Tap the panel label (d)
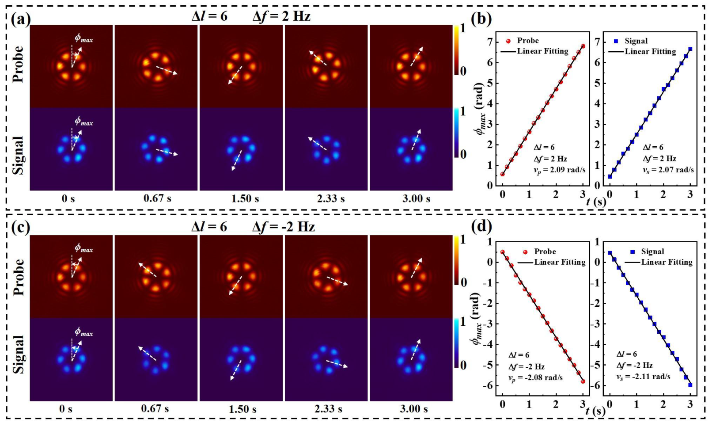coord(481,226)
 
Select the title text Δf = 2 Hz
coord(281,16)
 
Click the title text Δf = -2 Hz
coord(284,227)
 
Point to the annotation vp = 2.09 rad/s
coord(559,170)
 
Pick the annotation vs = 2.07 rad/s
coord(668,170)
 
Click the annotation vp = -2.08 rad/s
coord(535,377)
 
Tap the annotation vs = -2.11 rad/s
coord(643,377)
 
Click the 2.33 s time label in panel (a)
coord(330,198)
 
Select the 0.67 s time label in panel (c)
coord(155,408)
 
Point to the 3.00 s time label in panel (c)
coord(413,408)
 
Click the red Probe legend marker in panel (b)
coord(508,41)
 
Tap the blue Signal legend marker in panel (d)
coord(633,252)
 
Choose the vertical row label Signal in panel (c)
coord(18,354)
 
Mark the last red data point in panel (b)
coord(583,46)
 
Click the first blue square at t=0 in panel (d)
coord(610,253)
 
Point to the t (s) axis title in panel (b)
coord(596,202)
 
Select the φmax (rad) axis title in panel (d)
coord(476,318)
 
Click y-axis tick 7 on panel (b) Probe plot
coord(489,42)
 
